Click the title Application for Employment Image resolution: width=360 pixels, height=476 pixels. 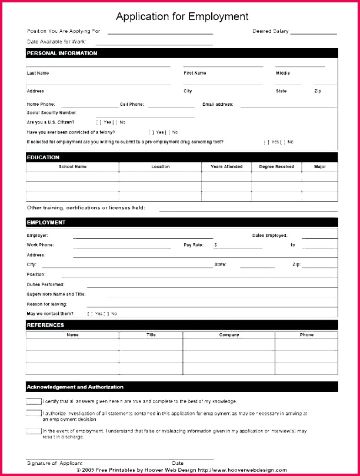tap(182, 16)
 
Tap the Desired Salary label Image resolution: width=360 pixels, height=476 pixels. tap(270, 31)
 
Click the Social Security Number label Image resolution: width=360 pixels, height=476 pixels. tap(52, 112)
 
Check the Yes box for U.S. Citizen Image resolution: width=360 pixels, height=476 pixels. tap(99, 122)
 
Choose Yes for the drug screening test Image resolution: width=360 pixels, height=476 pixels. tap(267, 142)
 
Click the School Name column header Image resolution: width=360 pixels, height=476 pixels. tap(72, 167)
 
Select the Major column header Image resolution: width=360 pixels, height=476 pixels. tap(319, 167)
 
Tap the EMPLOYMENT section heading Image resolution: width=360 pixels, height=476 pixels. tap(46, 223)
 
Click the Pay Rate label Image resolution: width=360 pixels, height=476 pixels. tap(193, 244)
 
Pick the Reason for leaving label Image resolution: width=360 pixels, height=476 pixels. tap(47, 304)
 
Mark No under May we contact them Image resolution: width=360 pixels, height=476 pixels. tap(107, 314)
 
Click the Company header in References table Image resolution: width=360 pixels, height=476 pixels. tap(229, 335)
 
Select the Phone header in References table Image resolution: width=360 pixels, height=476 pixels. tap(306, 335)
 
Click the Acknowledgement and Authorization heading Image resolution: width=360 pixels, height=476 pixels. tap(75, 387)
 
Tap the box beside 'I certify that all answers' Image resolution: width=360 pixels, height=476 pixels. tap(34, 401)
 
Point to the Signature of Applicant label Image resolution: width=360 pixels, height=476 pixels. tap(55, 464)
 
